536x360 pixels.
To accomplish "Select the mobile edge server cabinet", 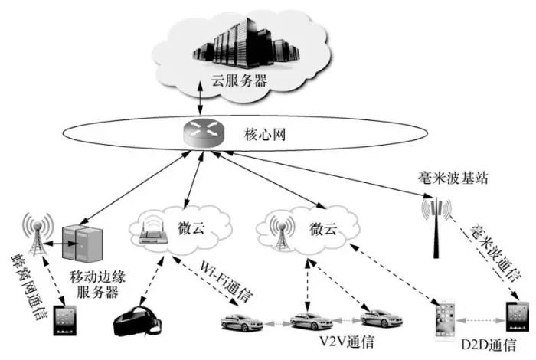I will coord(81,244).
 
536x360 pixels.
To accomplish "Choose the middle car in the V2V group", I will coord(309,319).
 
